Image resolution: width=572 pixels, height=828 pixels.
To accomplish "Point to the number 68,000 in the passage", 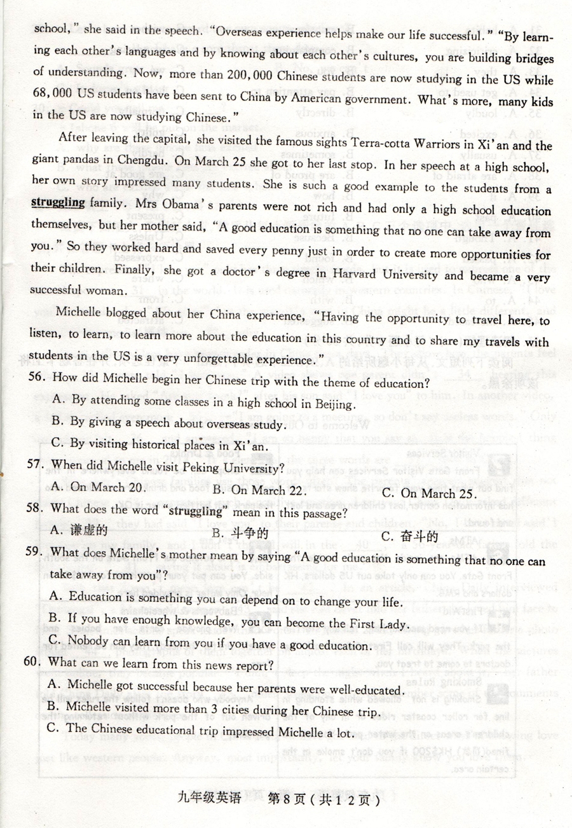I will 52,99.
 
